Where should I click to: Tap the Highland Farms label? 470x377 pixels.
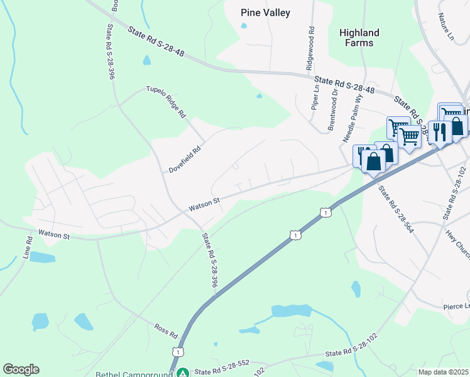[359, 38]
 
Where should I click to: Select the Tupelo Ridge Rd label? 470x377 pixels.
[166, 102]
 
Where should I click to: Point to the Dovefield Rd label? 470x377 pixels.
[183, 160]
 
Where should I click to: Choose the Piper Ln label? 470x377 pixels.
[315, 97]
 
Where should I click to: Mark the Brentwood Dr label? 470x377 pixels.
[334, 109]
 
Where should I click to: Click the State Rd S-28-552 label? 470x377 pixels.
[224, 371]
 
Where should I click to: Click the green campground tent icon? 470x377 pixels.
[183, 373]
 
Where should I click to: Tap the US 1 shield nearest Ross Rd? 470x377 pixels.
[179, 352]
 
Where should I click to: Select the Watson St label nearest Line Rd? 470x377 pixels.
[54, 234]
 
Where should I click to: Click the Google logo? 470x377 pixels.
[21, 369]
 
